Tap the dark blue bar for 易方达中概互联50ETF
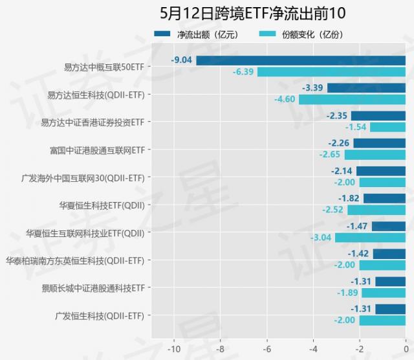pyautogui.click(x=301, y=61)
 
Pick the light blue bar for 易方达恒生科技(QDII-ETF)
pyautogui.click(x=352, y=99)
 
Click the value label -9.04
pyautogui.click(x=181, y=61)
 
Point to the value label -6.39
pyautogui.click(x=243, y=72)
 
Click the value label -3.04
pyautogui.click(x=321, y=238)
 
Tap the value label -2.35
pyautogui.click(x=338, y=116)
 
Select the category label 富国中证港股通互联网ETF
pyautogui.click(x=98, y=150)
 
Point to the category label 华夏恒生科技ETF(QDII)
pyautogui.click(x=102, y=205)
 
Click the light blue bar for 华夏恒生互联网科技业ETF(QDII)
pyautogui.click(x=370, y=238)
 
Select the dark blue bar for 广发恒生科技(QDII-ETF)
pyautogui.click(x=390, y=309)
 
